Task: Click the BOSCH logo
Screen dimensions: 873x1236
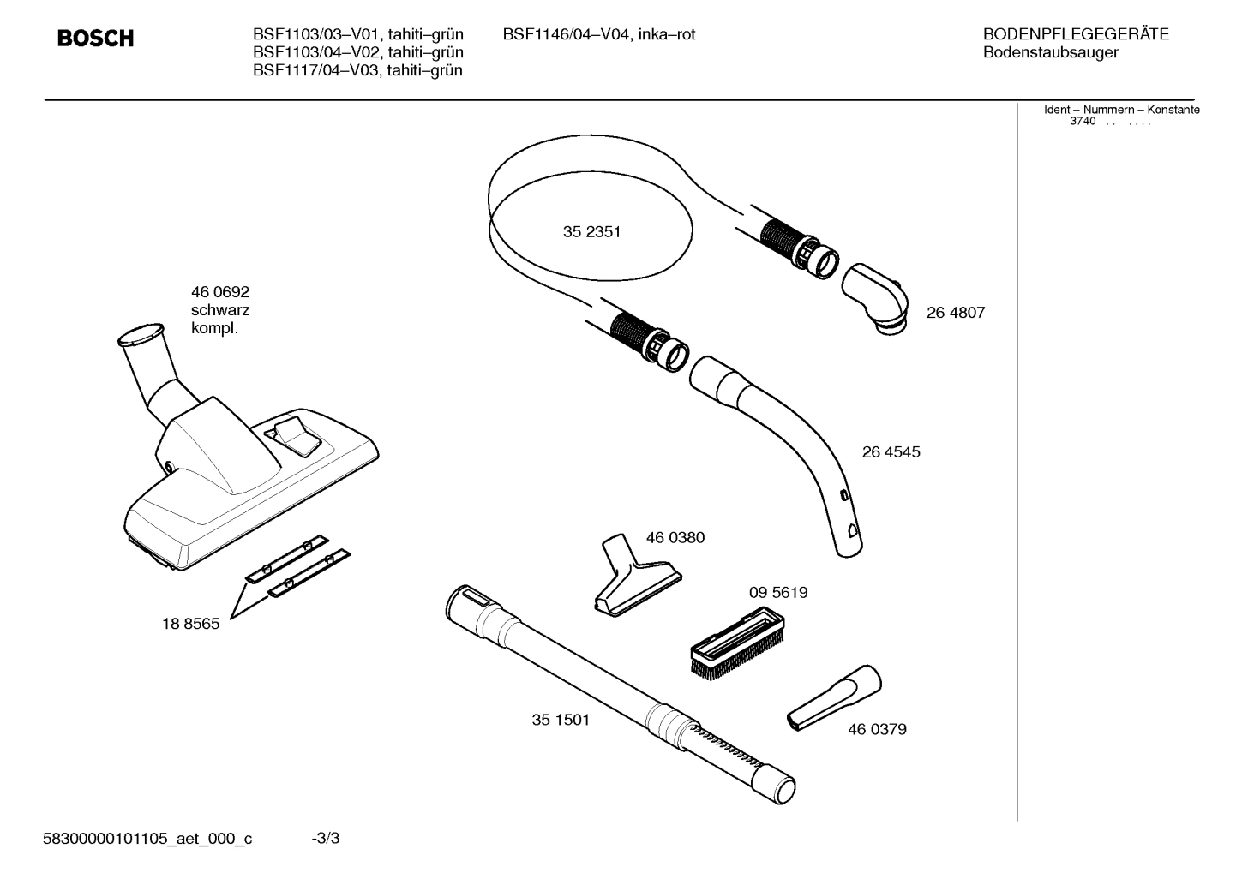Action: click(x=95, y=39)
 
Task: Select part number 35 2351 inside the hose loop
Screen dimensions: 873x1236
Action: click(x=591, y=232)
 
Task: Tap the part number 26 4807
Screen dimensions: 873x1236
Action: click(x=956, y=313)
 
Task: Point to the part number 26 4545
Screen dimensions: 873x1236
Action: click(x=891, y=452)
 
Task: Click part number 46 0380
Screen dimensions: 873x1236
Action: click(x=675, y=538)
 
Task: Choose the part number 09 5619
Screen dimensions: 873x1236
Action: click(x=778, y=592)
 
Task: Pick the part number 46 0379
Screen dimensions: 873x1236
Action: click(x=877, y=729)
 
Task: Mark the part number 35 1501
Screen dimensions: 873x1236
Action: click(x=561, y=720)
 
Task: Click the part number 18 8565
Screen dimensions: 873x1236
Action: click(x=190, y=624)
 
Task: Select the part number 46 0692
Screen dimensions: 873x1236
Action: click(x=219, y=292)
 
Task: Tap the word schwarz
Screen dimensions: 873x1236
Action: click(x=220, y=310)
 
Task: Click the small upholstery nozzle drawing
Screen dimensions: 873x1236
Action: click(x=636, y=577)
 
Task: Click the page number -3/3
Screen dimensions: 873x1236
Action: click(x=326, y=838)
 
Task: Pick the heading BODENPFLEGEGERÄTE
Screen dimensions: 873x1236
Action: click(x=1076, y=34)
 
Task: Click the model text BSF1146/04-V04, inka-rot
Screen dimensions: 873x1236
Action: click(x=598, y=34)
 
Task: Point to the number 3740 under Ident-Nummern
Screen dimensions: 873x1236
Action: click(x=1083, y=122)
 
